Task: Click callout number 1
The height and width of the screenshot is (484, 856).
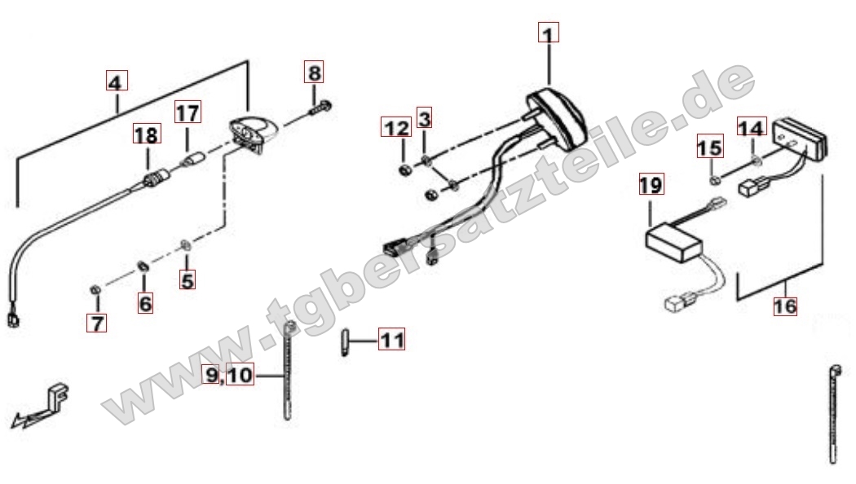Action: [549, 33]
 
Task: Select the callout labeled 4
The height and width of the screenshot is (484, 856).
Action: [117, 81]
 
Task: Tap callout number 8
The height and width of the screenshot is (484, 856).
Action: [314, 72]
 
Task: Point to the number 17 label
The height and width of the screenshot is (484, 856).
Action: [188, 112]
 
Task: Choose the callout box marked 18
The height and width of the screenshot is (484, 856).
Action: [147, 134]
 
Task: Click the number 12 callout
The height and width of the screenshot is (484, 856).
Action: [396, 128]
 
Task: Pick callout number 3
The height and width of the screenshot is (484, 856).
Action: [424, 117]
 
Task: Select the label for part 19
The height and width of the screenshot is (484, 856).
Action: [651, 184]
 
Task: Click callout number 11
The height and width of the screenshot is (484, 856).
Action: [392, 340]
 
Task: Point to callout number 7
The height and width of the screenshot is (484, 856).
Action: [97, 323]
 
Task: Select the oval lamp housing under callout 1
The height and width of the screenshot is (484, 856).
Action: [555, 118]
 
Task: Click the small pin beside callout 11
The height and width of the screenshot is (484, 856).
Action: [345, 341]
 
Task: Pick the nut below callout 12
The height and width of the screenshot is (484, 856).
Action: [406, 170]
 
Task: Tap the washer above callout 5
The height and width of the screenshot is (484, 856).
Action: [186, 244]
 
